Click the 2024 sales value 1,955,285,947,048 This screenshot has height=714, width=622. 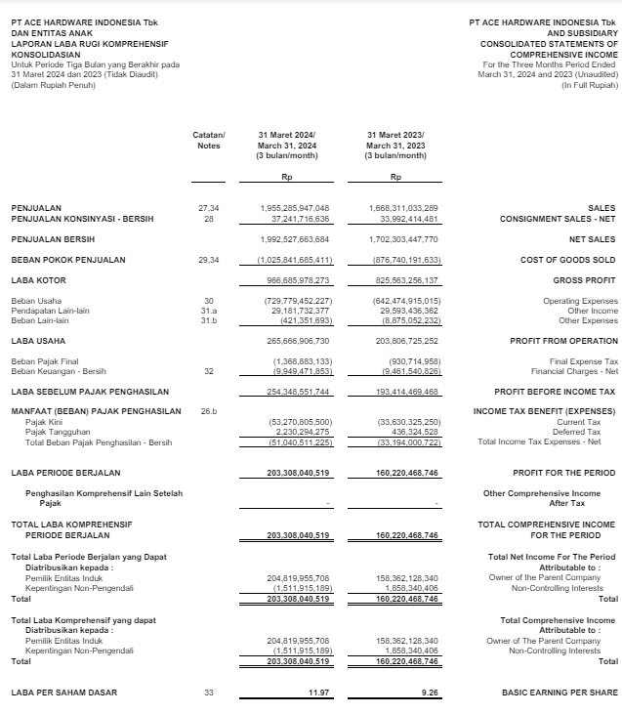(x=295, y=208)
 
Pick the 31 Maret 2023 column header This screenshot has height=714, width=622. (x=395, y=145)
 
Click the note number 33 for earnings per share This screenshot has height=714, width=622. (x=207, y=693)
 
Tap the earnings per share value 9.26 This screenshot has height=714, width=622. (x=426, y=693)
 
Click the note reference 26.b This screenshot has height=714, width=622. (x=208, y=411)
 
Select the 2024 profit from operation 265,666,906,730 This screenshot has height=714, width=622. (x=295, y=341)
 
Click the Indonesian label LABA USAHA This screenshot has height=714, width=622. (x=38, y=341)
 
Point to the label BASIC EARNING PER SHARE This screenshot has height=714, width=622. (x=559, y=693)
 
